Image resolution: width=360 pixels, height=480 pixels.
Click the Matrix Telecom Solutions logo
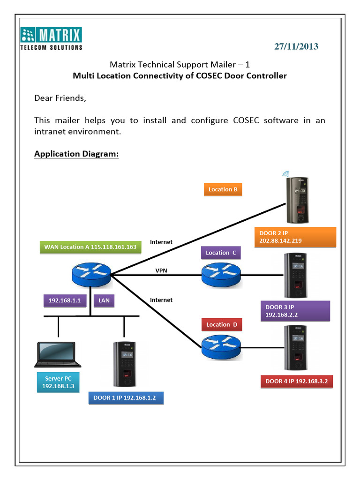[52, 38]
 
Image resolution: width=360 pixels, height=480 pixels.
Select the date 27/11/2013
[296, 46]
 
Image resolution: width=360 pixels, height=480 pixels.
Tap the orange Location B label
[223, 189]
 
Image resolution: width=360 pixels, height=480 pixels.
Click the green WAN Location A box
[90, 247]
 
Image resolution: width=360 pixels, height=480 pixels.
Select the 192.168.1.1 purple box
[65, 301]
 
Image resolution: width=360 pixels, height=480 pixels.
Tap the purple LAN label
[104, 301]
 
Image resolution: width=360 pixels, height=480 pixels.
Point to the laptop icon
[57, 355]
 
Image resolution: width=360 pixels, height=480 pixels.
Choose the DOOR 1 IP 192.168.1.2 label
[125, 398]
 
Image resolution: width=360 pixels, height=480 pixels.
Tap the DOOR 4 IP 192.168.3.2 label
[297, 382]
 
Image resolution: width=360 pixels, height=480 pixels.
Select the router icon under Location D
[221, 347]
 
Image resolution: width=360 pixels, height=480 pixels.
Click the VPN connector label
[161, 270]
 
